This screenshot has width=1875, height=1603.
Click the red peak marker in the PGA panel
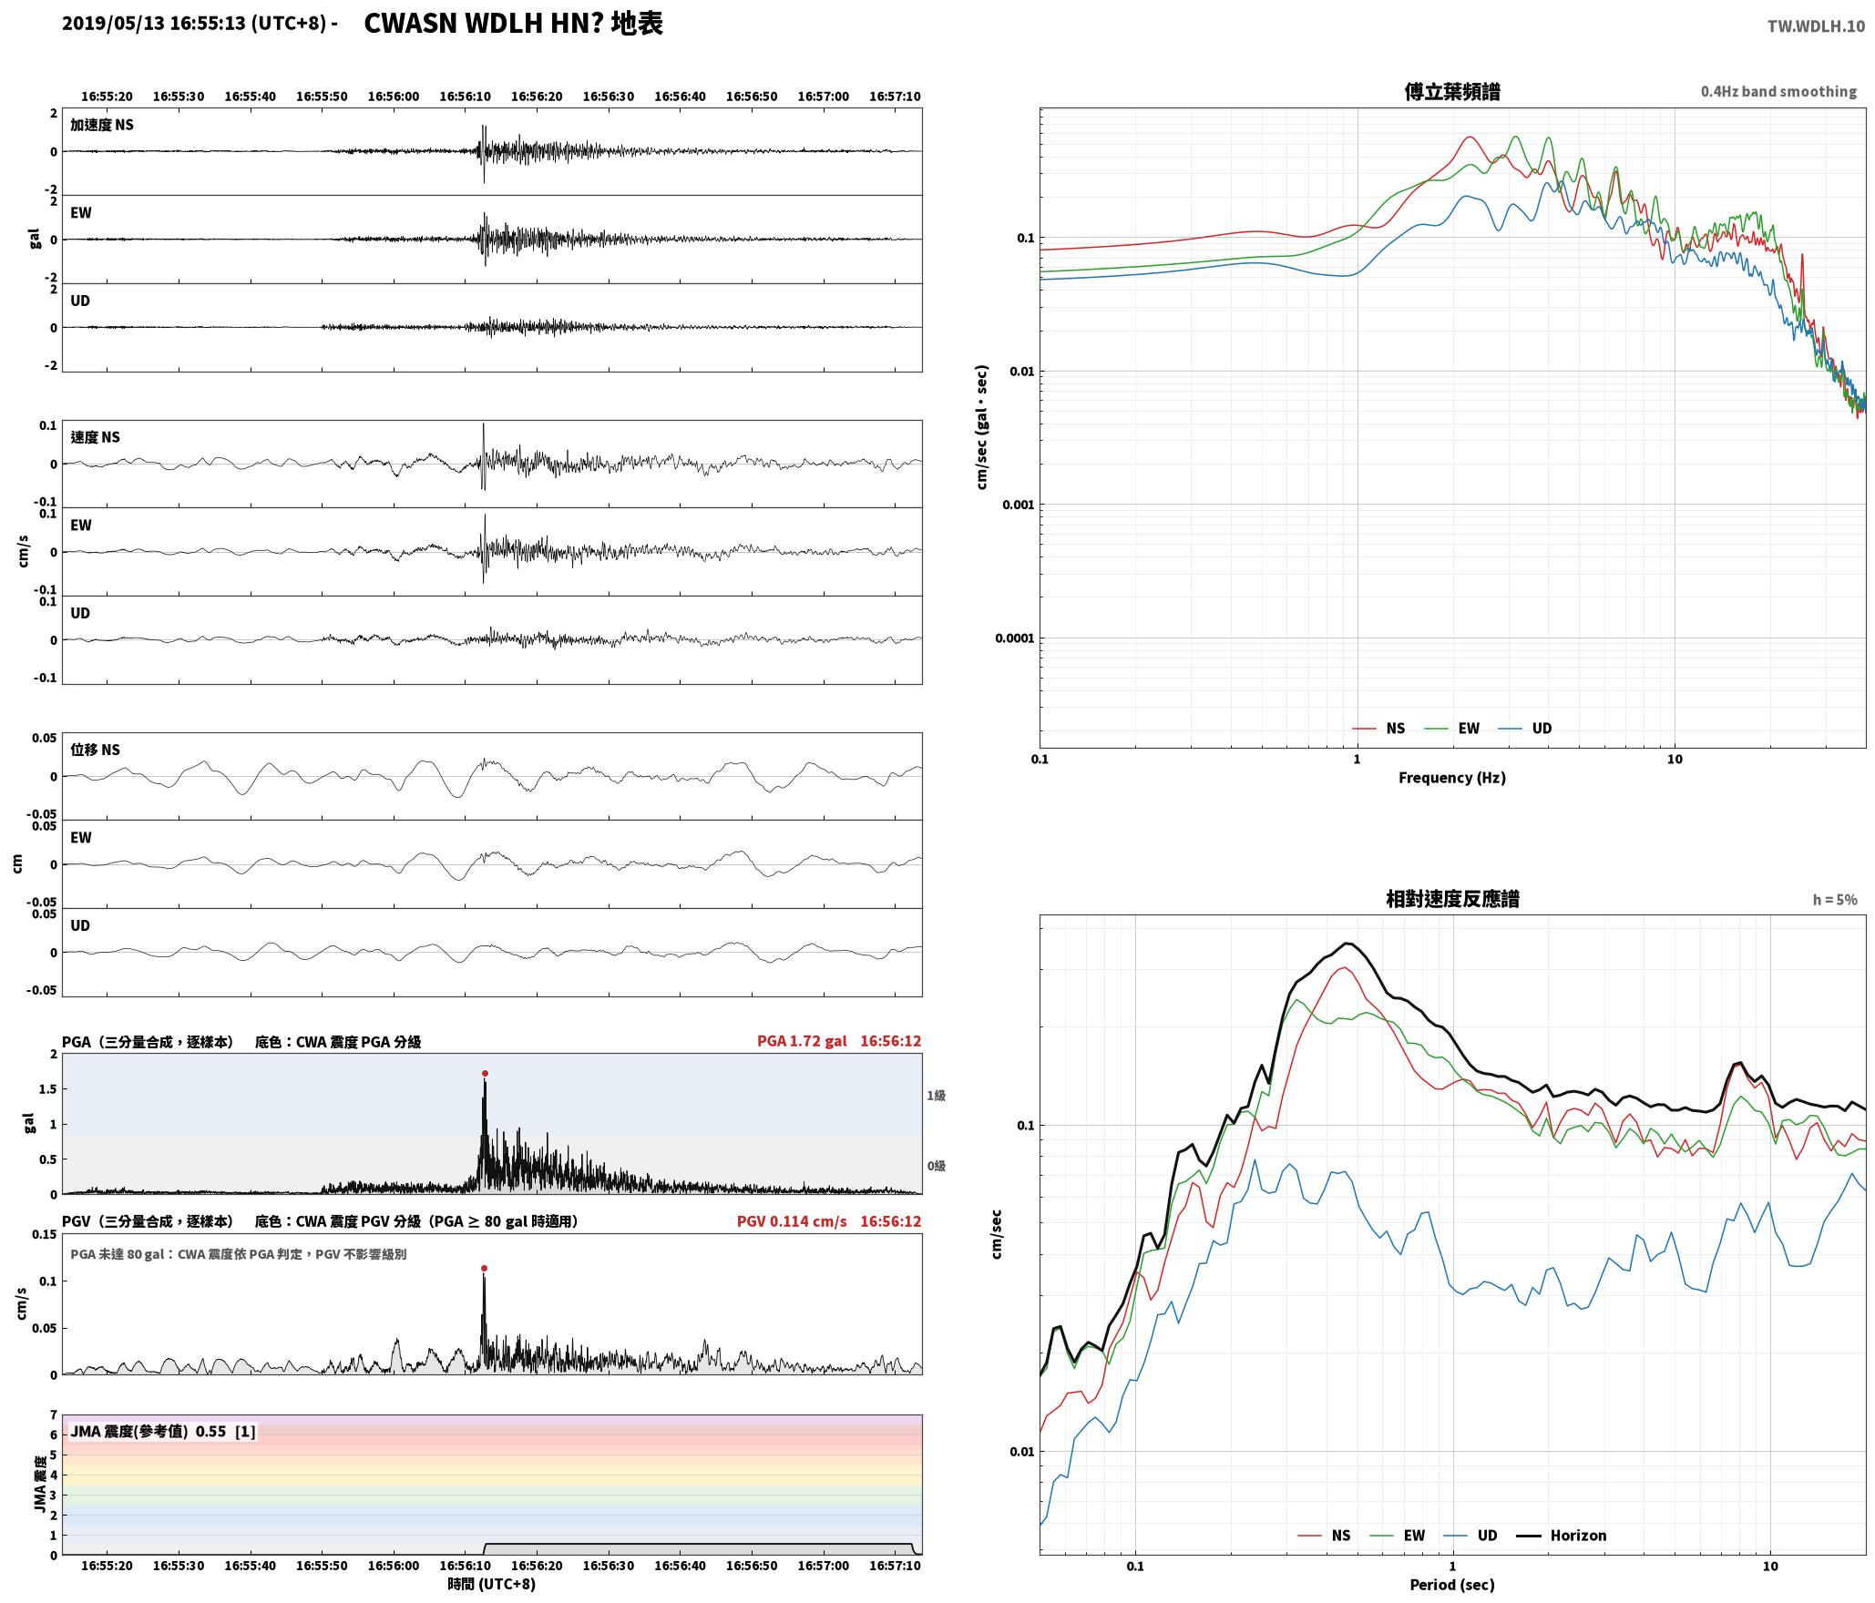[485, 1073]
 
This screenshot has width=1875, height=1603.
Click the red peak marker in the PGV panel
[484, 1268]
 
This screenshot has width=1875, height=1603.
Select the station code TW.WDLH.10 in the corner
[1816, 26]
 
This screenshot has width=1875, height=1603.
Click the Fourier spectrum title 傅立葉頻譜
[1452, 92]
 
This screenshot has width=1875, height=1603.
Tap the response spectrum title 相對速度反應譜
[1452, 899]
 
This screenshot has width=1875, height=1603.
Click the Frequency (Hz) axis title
[1452, 777]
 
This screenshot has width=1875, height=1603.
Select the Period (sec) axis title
[1452, 1584]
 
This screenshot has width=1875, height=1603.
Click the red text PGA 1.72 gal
[802, 1041]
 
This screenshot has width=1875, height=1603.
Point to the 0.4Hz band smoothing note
[1778, 91]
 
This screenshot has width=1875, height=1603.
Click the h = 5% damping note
[1834, 900]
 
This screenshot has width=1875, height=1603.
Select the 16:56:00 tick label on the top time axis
[394, 96]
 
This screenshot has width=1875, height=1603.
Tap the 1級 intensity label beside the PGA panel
[936, 1095]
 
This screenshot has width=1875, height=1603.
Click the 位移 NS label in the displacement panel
[96, 750]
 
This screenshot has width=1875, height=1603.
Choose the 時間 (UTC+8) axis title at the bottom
[492, 1584]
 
